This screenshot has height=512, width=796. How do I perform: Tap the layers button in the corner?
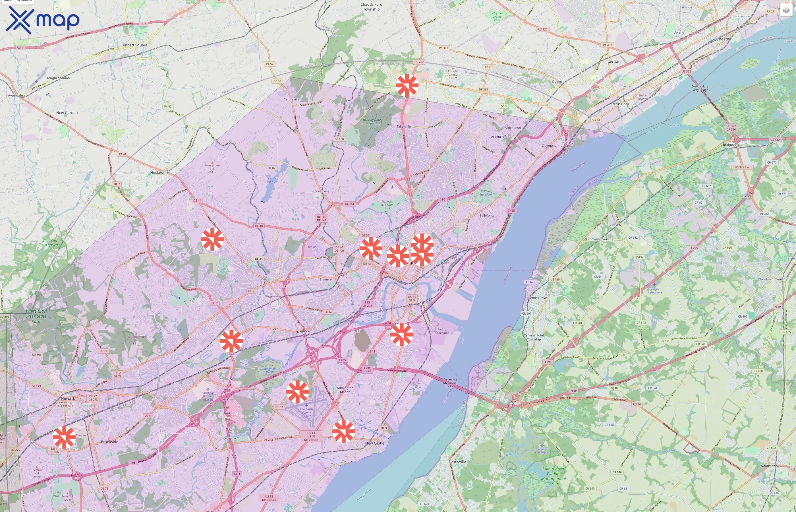point(786,10)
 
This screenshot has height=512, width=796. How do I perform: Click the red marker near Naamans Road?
point(407,85)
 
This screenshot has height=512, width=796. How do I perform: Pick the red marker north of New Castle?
point(343,431)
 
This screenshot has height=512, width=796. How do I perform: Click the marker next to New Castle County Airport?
point(298,392)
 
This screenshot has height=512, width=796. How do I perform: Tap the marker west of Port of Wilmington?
point(402,335)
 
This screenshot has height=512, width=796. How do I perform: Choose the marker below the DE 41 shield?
point(212,239)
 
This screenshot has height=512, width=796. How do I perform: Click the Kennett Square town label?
point(134,45)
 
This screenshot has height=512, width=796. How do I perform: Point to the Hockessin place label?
point(159,173)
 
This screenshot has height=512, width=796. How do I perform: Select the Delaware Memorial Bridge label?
point(450,383)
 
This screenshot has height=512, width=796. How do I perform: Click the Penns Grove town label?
point(538,298)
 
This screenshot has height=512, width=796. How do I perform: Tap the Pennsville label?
point(457,461)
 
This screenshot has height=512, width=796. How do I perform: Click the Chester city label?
point(723,39)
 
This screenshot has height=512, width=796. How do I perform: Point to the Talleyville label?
point(404,127)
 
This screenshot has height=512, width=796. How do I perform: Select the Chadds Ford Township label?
point(372,7)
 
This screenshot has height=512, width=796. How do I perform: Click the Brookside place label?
point(110,442)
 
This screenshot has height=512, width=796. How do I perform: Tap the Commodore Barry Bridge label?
point(700,88)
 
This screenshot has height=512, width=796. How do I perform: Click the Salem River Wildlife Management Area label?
point(554,476)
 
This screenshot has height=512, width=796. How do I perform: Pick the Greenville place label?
point(322,191)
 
